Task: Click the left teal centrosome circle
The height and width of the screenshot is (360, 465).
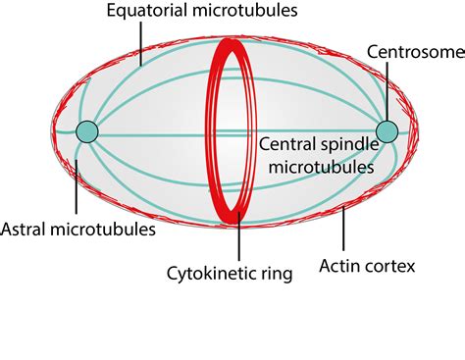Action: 87,130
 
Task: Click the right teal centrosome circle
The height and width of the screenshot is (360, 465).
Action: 387,130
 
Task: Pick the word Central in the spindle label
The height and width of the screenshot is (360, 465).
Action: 288,144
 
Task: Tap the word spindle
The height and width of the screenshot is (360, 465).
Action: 349,144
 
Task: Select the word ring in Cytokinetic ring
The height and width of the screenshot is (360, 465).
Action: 276,274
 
